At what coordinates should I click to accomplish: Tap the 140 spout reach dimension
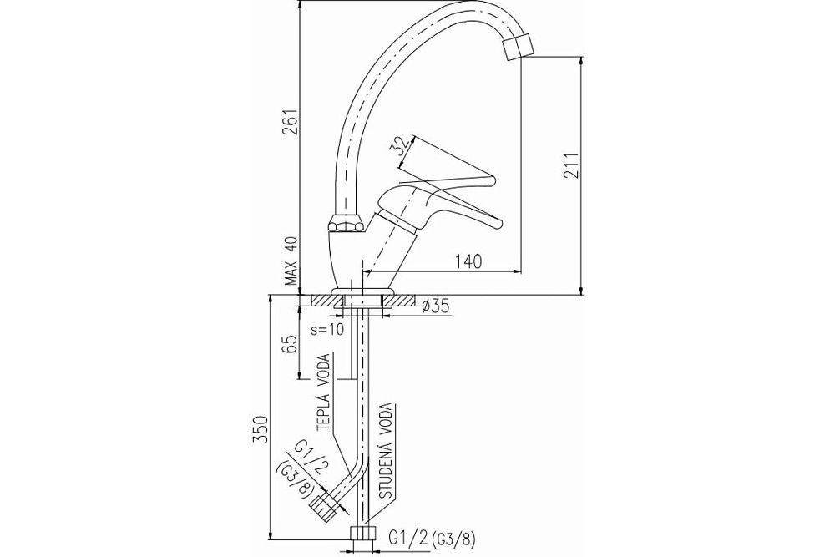[468, 261]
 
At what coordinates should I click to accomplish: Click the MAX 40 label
[291, 261]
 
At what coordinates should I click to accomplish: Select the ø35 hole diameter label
[435, 306]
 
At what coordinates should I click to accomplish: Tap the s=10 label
[328, 328]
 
